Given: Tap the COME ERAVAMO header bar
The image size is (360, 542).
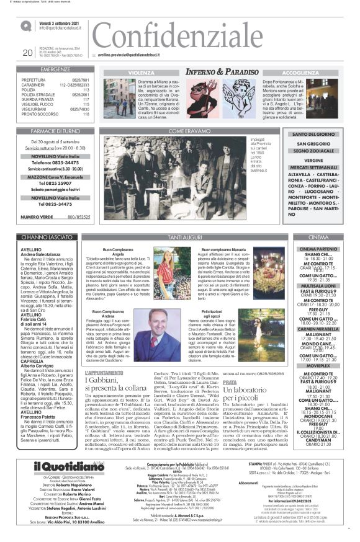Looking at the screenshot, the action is pos(186,131).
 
